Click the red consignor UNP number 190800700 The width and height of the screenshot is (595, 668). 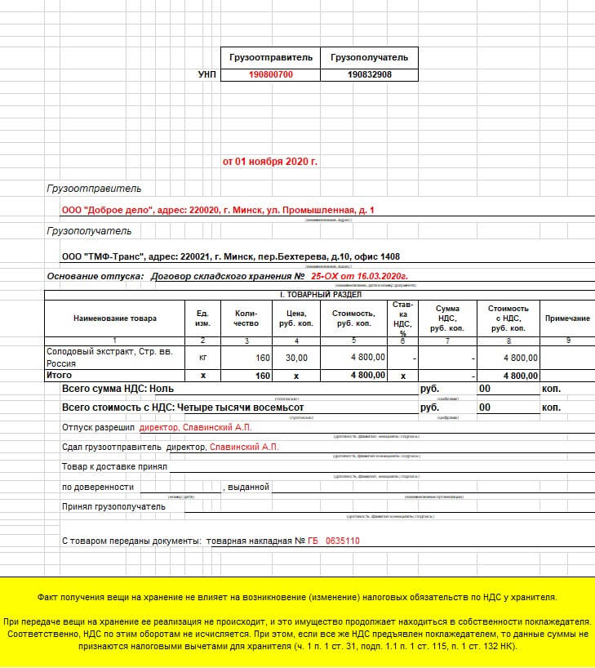pyautogui.click(x=270, y=74)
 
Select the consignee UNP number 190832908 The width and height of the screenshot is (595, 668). pyautogui.click(x=369, y=74)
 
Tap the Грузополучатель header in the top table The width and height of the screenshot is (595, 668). pyautogui.click(x=369, y=57)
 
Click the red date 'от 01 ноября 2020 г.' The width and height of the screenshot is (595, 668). pyautogui.click(x=270, y=161)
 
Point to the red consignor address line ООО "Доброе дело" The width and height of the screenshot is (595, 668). pyautogui.click(x=218, y=210)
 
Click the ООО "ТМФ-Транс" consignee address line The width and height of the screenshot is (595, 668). pyautogui.click(x=231, y=256)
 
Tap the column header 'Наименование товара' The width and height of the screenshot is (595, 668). pyautogui.click(x=114, y=318)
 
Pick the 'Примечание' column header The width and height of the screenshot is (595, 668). pyautogui.click(x=567, y=318)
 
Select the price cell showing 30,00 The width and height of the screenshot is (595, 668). pyautogui.click(x=297, y=358)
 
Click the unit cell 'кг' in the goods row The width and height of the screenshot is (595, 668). pyautogui.click(x=202, y=358)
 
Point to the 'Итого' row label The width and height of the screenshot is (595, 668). pyautogui.click(x=59, y=375)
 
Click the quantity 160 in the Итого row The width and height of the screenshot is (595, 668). pyautogui.click(x=263, y=376)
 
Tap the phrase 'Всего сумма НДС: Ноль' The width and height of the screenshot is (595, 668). pyautogui.click(x=118, y=390)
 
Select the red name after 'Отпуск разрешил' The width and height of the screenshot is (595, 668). pyautogui.click(x=196, y=427)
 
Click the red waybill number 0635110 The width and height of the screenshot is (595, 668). pyautogui.click(x=343, y=541)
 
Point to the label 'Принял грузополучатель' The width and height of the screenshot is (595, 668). pyautogui.click(x=113, y=506)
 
